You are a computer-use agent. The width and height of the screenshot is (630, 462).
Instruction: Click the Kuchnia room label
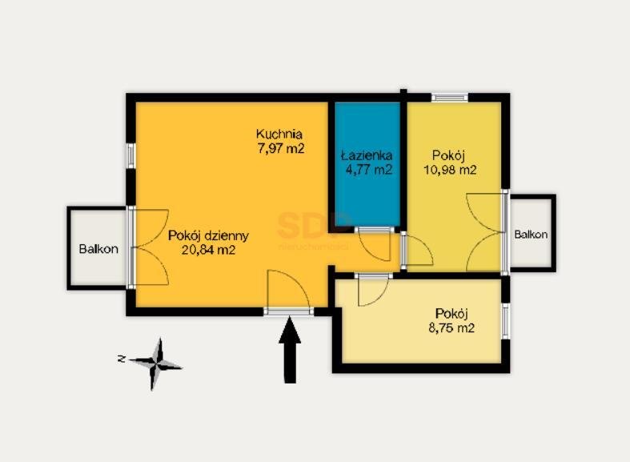pyautogui.click(x=279, y=134)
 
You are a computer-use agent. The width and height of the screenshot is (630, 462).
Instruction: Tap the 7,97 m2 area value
pyautogui.click(x=281, y=149)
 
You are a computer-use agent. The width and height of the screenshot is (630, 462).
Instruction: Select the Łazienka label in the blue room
pyautogui.click(x=367, y=155)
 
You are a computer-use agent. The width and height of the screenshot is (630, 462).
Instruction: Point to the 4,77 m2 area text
pyautogui.click(x=369, y=170)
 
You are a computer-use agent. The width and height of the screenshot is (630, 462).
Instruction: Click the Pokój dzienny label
pyautogui.click(x=208, y=235)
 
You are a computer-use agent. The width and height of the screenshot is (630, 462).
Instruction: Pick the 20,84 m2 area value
pyautogui.click(x=208, y=251)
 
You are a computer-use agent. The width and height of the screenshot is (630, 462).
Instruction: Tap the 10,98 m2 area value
pyautogui.click(x=450, y=170)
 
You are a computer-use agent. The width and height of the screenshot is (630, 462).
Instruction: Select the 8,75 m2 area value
pyautogui.click(x=451, y=328)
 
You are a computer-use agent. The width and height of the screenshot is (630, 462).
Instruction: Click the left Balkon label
pyautogui.click(x=98, y=249)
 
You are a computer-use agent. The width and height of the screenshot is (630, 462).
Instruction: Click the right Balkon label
pyautogui.click(x=531, y=235)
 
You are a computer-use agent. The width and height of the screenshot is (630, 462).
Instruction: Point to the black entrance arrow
pyautogui.click(x=290, y=350)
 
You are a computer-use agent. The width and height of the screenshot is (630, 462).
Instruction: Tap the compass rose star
pyautogui.click(x=156, y=364)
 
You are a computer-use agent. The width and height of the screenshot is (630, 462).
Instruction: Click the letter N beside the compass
pyautogui.click(x=122, y=359)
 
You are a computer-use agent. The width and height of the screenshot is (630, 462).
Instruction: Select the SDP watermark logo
pyautogui.click(x=313, y=226)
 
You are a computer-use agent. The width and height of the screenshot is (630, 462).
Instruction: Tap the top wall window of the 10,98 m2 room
pyautogui.click(x=450, y=97)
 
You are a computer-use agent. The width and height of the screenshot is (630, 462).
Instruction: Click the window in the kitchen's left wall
pyautogui.click(x=130, y=155)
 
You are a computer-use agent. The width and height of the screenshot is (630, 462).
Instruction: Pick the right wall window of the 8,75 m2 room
pyautogui.click(x=505, y=321)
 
